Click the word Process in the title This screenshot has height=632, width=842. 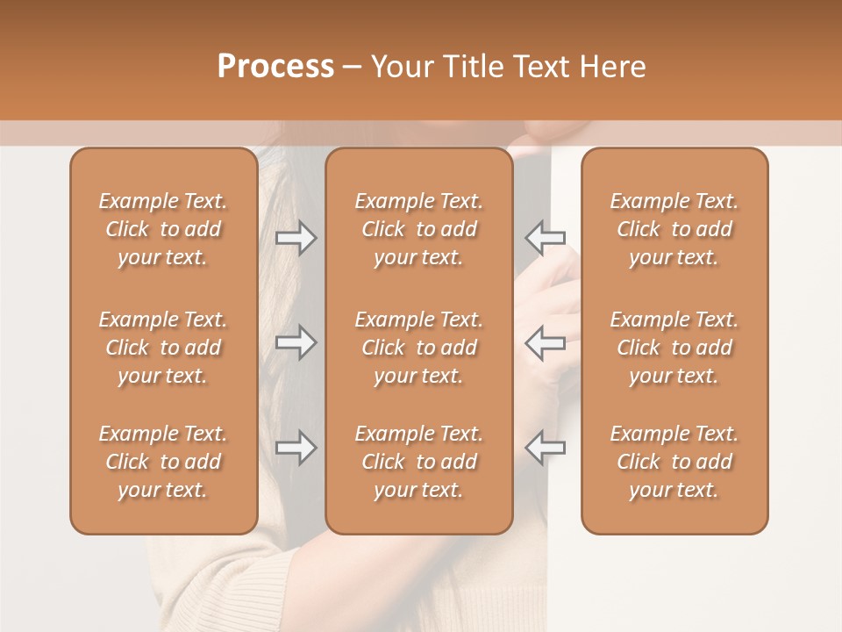[x=275, y=67]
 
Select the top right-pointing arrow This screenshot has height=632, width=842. [x=296, y=238]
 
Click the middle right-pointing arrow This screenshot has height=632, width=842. [x=296, y=342]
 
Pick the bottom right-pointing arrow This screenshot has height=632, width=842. [x=296, y=448]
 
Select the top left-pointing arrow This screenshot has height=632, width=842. [x=545, y=238]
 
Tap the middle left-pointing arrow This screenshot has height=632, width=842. [x=545, y=342]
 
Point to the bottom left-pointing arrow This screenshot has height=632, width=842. [x=545, y=448]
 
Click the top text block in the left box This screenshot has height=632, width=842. [x=163, y=229]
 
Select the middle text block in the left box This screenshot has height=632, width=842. [x=163, y=348]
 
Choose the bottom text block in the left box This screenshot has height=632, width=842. [x=163, y=462]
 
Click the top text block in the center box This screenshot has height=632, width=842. [x=418, y=229]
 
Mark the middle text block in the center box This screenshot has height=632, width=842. [x=418, y=348]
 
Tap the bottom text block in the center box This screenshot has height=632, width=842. [x=418, y=462]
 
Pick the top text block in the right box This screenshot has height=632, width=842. [x=674, y=229]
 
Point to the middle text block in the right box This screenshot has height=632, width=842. [x=674, y=348]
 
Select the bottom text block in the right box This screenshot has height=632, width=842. [x=674, y=462]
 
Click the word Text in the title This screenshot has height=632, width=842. [x=536, y=67]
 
